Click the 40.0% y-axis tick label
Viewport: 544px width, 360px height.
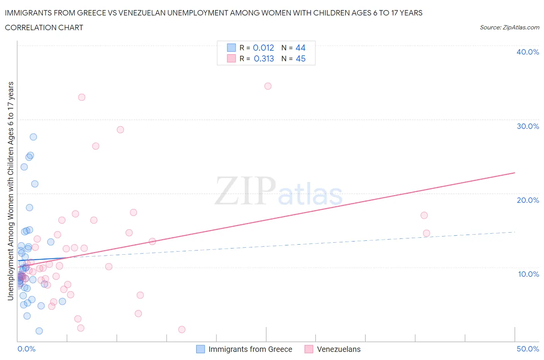(x=527, y=52)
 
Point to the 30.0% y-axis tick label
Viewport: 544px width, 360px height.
(x=527, y=126)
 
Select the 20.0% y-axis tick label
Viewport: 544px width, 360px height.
(x=527, y=200)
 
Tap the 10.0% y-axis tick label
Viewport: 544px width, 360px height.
(x=528, y=274)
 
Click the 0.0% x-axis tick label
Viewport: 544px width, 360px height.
(x=26, y=349)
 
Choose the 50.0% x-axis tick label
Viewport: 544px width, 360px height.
(x=527, y=349)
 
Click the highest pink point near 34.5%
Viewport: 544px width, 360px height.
(x=268, y=86)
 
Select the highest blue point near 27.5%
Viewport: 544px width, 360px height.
(x=33, y=137)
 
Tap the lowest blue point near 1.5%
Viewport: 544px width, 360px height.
(x=39, y=331)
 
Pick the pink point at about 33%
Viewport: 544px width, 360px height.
(x=82, y=97)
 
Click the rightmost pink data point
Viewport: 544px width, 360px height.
(x=426, y=233)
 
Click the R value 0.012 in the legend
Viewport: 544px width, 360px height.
(x=263, y=48)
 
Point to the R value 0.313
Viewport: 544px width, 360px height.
(x=263, y=58)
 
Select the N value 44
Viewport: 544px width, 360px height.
(x=300, y=48)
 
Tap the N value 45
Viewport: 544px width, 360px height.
(x=300, y=58)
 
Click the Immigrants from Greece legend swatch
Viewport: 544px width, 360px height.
(x=200, y=349)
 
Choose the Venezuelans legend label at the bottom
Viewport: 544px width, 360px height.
(x=339, y=349)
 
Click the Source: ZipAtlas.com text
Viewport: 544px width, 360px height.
(x=509, y=27)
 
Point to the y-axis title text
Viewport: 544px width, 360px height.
(x=10, y=191)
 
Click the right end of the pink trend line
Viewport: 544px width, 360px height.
(x=515, y=173)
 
